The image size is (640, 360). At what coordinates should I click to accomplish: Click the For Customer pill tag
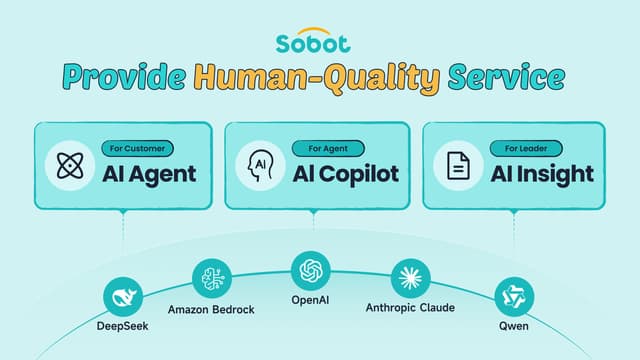coord(137,149)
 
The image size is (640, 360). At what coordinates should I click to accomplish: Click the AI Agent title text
coord(149,173)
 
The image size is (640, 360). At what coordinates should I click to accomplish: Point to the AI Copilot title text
coord(345,173)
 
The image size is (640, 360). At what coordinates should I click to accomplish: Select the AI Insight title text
coord(542,173)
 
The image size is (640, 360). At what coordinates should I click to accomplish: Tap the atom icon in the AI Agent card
coord(68,166)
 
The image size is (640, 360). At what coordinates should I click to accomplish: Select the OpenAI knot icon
coord(310,270)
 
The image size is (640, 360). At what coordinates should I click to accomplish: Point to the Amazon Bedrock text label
coord(211,309)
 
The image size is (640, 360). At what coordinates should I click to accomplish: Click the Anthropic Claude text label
coord(409,309)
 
